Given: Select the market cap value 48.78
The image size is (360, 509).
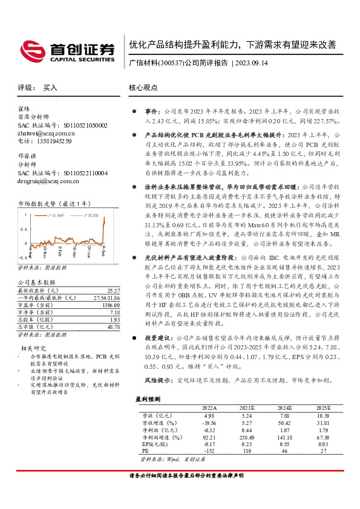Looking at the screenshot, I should click(113, 326).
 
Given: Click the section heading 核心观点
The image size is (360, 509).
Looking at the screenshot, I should click(143, 88).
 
